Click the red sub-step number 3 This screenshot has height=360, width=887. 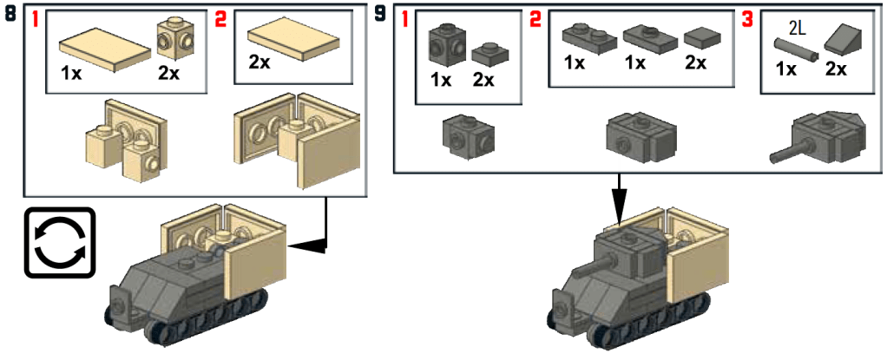pyautogui.click(x=748, y=18)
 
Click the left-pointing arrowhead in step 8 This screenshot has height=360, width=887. pyautogui.click(x=300, y=247)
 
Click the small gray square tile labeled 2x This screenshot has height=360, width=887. pyautogui.click(x=699, y=36)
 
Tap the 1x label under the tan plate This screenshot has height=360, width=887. pyautogui.click(x=71, y=74)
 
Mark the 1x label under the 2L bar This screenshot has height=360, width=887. pyautogui.click(x=785, y=69)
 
